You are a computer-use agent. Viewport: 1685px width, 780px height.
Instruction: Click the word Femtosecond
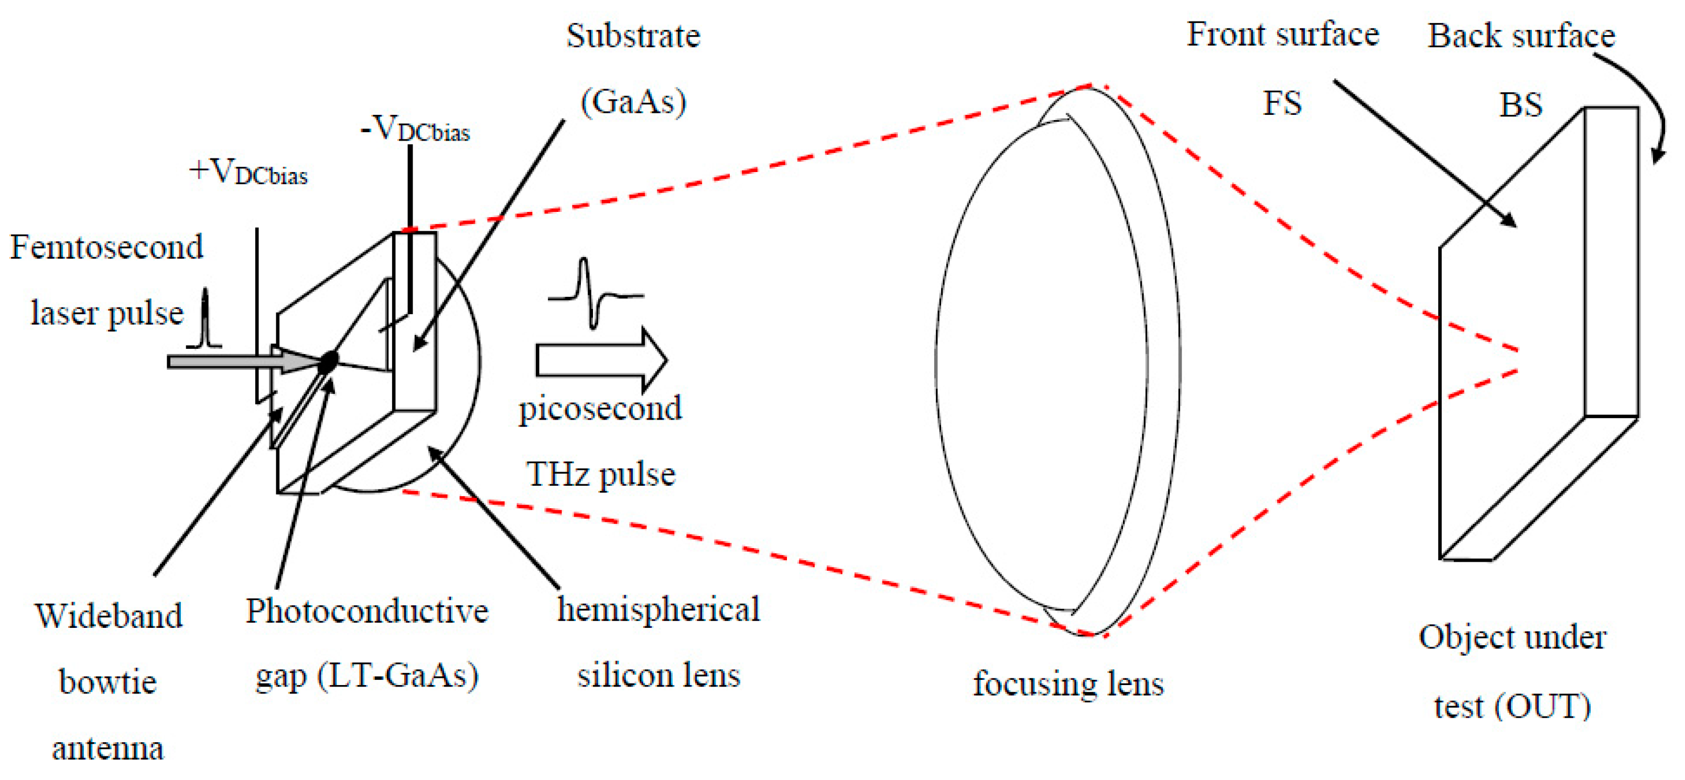[x=106, y=248]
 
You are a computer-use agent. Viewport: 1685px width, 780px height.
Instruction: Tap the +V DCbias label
[x=249, y=172]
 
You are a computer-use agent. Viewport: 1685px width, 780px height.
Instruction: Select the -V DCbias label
[x=415, y=129]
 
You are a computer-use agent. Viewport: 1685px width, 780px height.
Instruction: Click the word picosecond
[x=600, y=409]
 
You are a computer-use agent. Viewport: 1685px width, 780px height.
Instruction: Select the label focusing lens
[x=1068, y=684]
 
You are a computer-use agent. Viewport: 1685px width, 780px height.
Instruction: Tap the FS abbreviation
[x=1282, y=103]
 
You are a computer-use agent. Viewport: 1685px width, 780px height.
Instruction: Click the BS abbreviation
[x=1520, y=105]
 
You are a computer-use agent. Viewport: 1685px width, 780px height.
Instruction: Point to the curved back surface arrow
[x=1642, y=105]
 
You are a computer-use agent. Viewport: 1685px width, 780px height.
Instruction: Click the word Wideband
[x=109, y=616]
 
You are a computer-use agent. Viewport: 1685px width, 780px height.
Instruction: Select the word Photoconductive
[x=367, y=611]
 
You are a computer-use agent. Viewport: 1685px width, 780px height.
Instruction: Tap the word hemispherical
[x=658, y=609]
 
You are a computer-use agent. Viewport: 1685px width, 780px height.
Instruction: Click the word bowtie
[x=108, y=682]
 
